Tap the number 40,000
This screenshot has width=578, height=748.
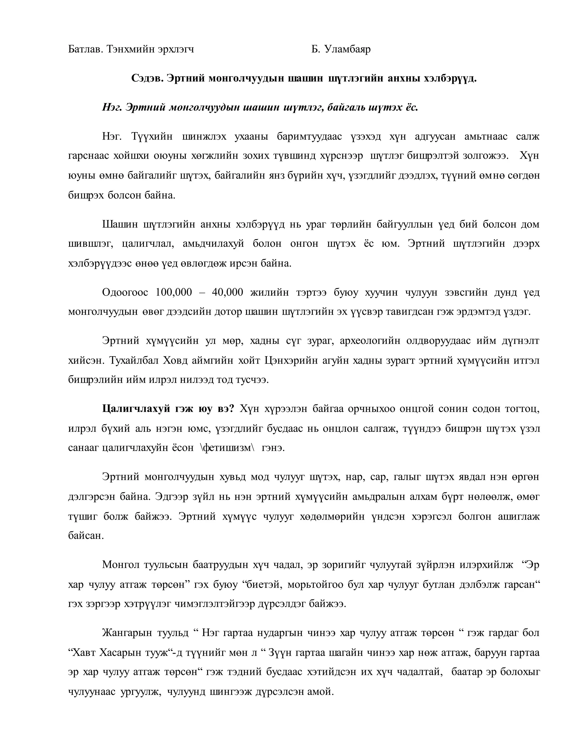[227, 292]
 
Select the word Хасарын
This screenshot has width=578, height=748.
[122, 652]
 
